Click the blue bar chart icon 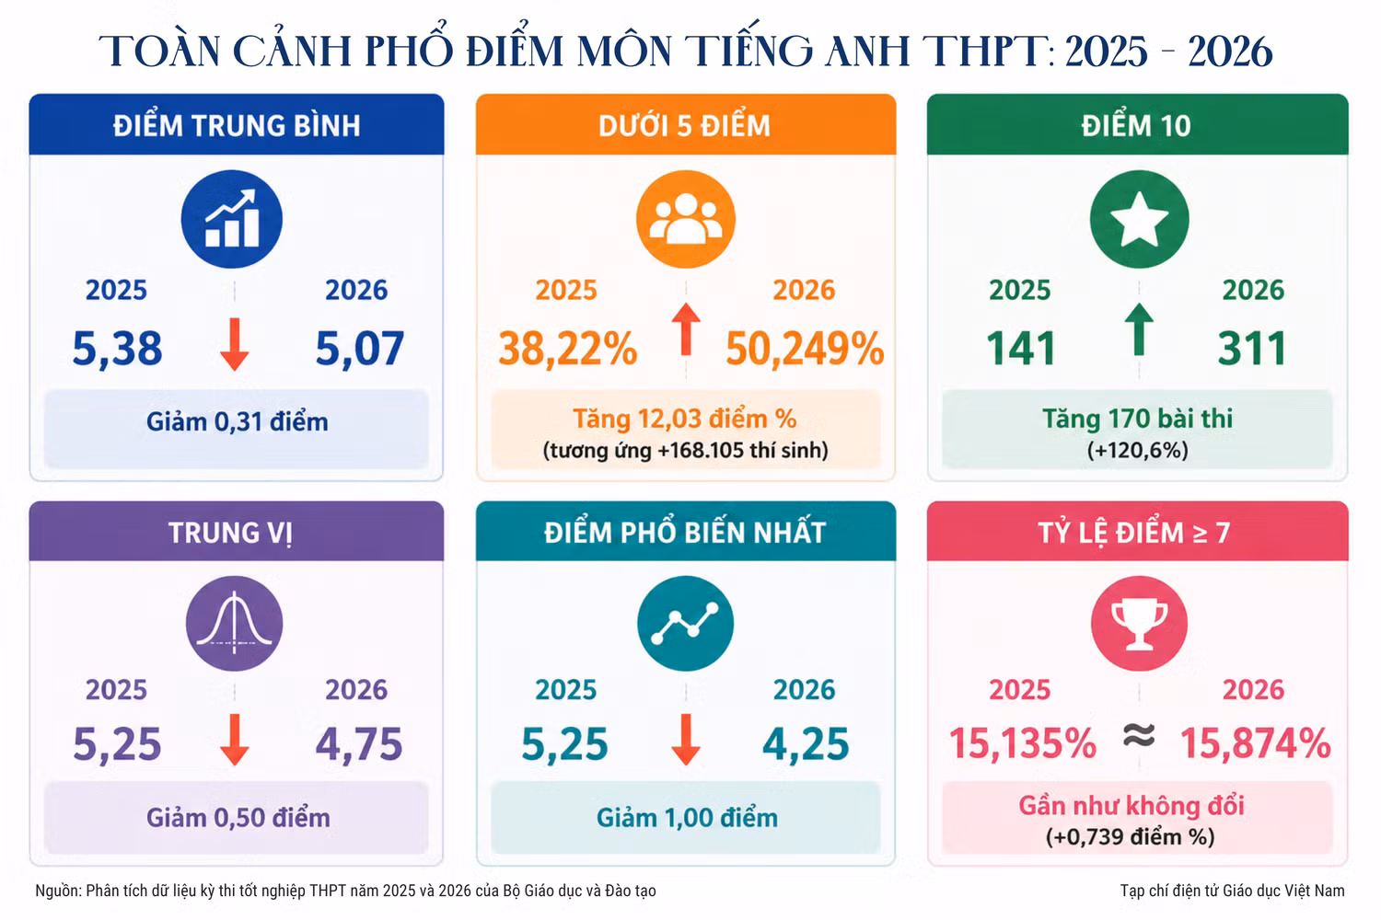(x=232, y=219)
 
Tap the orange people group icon (x=686, y=219)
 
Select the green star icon (x=1140, y=219)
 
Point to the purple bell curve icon (x=234, y=623)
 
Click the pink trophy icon (x=1140, y=623)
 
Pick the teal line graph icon (x=686, y=623)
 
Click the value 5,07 (x=359, y=349)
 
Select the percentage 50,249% (x=805, y=348)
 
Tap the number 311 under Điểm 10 (x=1252, y=348)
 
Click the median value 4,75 (x=359, y=743)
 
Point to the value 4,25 (x=806, y=743)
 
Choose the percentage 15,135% (x=1023, y=743)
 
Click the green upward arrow (x=1139, y=329)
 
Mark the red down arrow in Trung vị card (x=234, y=740)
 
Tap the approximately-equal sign (x=1139, y=735)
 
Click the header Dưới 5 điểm (x=684, y=126)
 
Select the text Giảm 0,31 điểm (x=238, y=422)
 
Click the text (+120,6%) (x=1137, y=450)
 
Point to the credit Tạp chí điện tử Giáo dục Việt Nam (x=1232, y=891)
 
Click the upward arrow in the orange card (x=686, y=329)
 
